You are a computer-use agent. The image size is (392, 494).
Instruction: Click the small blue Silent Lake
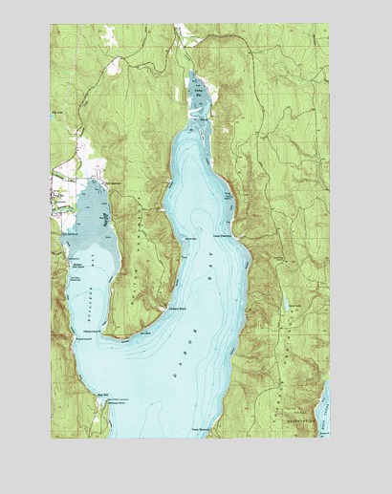tap(285, 304)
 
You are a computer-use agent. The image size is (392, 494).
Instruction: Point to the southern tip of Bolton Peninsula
tap(122, 334)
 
